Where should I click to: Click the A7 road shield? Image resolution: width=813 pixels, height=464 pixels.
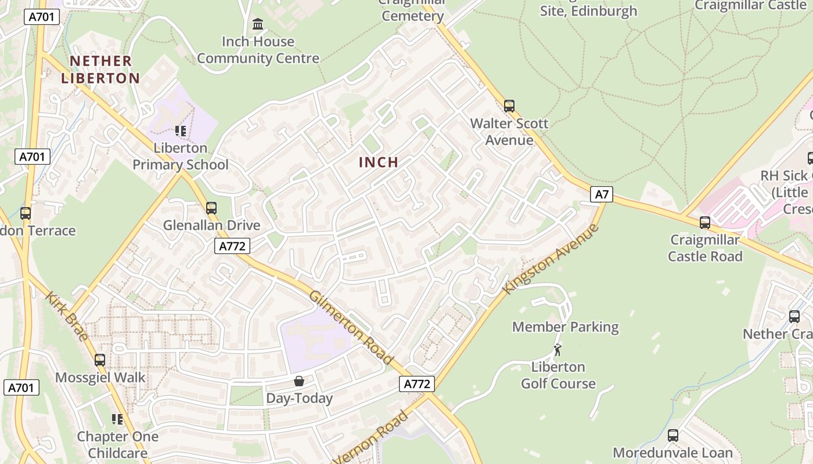click(x=602, y=194)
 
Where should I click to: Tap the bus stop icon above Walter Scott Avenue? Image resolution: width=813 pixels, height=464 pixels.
click(x=509, y=106)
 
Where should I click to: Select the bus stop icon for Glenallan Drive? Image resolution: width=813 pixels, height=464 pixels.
click(x=211, y=208)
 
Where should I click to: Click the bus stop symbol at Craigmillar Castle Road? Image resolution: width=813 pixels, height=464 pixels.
click(x=705, y=222)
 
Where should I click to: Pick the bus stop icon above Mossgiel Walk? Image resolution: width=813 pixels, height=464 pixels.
click(x=100, y=360)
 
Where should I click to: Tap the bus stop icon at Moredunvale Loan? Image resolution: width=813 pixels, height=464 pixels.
click(x=673, y=435)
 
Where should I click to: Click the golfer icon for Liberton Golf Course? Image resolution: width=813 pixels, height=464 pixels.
click(x=557, y=350)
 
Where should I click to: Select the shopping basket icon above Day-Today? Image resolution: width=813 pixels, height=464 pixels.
click(x=298, y=381)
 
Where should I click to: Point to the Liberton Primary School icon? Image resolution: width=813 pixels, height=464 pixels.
click(x=181, y=131)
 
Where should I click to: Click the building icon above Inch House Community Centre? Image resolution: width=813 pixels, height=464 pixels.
click(x=258, y=24)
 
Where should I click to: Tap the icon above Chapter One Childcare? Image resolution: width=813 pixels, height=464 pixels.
click(x=118, y=419)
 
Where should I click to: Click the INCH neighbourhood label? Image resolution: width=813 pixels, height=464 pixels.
click(x=379, y=162)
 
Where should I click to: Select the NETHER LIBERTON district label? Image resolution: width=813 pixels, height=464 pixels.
click(x=100, y=70)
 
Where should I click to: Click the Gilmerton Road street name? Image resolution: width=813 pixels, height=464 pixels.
click(x=351, y=327)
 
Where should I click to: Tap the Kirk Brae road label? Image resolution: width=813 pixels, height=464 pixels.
click(x=67, y=317)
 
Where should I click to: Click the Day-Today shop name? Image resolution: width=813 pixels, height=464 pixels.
click(x=299, y=398)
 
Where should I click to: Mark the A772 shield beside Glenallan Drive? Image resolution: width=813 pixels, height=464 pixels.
click(x=232, y=246)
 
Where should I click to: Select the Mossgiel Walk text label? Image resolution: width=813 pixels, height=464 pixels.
click(x=100, y=378)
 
